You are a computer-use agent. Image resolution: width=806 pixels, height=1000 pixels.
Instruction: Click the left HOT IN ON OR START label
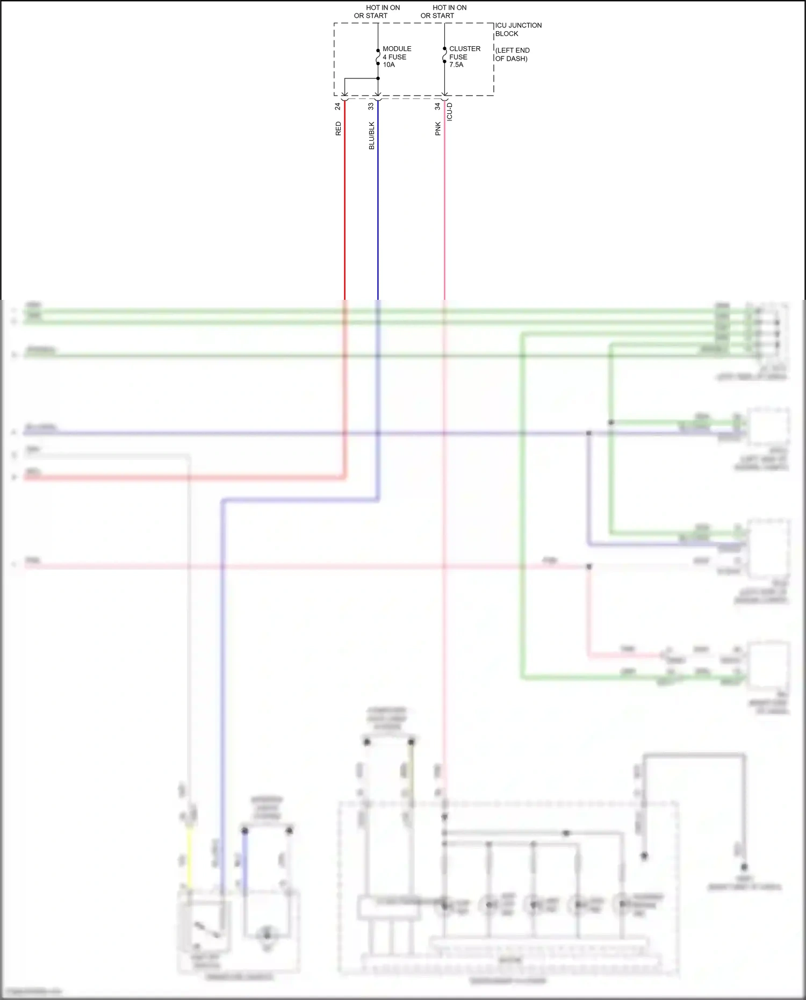(x=377, y=12)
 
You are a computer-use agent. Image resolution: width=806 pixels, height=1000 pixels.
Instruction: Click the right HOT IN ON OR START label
(x=443, y=12)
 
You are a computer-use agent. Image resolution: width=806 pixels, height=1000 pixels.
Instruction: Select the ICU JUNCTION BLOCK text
(x=518, y=30)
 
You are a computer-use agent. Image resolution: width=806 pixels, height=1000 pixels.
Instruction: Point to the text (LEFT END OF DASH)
(x=512, y=54)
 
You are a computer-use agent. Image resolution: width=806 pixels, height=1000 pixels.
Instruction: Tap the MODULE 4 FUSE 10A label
(x=397, y=56)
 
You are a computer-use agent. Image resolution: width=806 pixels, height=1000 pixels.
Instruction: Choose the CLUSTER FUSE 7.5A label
(x=464, y=56)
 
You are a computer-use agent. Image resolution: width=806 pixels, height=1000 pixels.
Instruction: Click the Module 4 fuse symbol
(x=378, y=57)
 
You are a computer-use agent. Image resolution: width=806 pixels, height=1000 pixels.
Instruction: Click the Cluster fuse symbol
(x=444, y=55)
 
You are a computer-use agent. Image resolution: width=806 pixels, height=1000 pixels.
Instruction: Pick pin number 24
(x=338, y=106)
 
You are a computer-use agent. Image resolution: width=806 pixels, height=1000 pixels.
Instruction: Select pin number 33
(x=371, y=106)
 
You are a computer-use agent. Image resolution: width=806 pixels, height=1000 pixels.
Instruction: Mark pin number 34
(x=438, y=106)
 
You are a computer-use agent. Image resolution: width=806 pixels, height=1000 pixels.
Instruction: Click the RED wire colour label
(x=338, y=128)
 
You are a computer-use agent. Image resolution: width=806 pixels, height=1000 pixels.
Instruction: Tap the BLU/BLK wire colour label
(x=371, y=135)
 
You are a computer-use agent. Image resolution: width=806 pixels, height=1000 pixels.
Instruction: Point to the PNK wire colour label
(x=438, y=128)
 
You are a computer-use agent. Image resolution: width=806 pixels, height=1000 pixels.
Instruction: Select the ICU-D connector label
(x=450, y=112)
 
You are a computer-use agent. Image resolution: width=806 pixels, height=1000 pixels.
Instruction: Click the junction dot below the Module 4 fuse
(x=378, y=78)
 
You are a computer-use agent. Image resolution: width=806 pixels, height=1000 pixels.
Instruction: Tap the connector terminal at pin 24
(x=344, y=97)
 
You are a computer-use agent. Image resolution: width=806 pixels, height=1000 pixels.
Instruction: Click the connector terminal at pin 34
(x=444, y=97)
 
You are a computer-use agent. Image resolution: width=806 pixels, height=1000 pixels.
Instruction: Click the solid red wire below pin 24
(x=344, y=204)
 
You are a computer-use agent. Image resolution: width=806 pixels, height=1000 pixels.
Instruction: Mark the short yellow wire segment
(x=189, y=857)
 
